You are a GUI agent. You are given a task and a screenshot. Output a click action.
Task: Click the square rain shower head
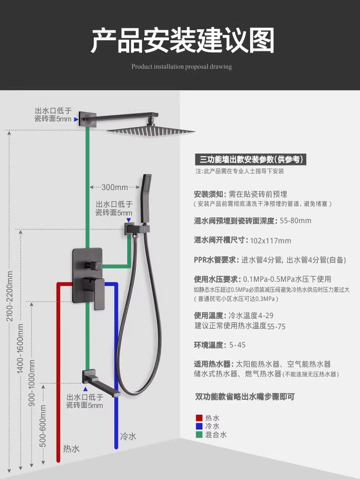pos(151,130)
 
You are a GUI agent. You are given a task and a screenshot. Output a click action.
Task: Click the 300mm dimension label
pos(115,187)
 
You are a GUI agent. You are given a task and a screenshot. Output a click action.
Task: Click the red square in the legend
pos(199,418)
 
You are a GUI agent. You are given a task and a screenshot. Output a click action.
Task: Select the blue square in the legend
pos(199,426)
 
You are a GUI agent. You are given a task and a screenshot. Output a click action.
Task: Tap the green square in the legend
pos(199,435)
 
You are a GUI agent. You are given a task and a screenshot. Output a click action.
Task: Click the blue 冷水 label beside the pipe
pos(128,436)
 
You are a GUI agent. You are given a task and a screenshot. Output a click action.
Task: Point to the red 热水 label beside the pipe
pos(72,449)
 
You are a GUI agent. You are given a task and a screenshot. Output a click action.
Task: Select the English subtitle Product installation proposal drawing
pos(181,67)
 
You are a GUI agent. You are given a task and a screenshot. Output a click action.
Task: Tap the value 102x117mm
pos(271,240)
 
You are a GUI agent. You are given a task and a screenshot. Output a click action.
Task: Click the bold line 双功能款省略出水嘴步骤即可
pos(245,396)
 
